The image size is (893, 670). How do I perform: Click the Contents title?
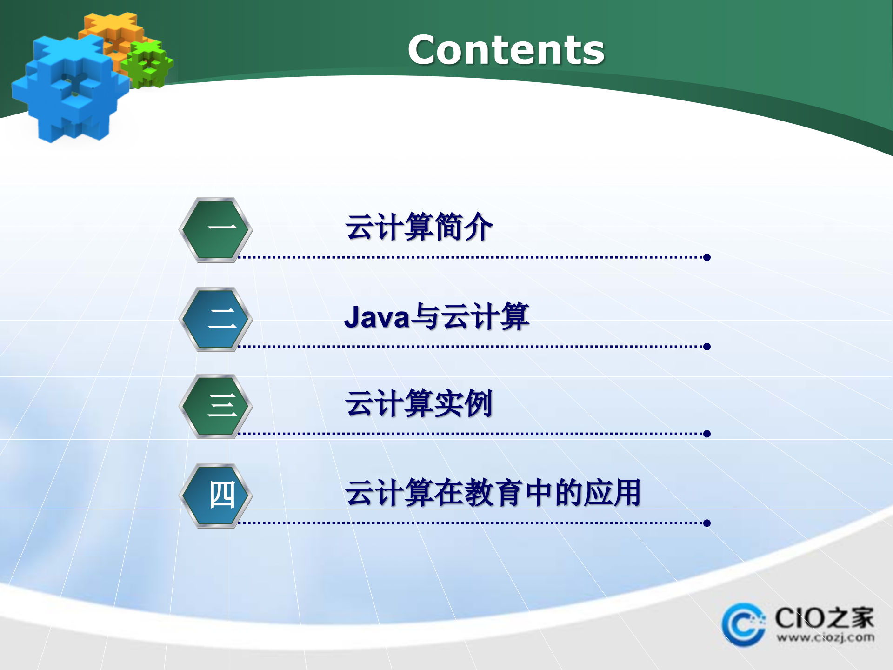pos(506,50)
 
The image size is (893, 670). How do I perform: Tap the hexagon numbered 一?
pos(215,230)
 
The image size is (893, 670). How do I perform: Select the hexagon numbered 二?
pos(215,319)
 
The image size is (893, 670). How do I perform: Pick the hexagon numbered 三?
pos(215,406)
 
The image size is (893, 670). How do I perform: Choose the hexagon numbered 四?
pos(215,496)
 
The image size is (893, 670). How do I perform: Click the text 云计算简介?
pos(419,228)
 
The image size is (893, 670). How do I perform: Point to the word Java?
pos(377,317)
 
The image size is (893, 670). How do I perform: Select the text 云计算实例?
pos(419,404)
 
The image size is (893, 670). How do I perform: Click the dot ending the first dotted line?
pos(707,257)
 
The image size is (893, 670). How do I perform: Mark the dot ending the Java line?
pos(707,347)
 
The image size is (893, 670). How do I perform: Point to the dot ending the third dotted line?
pos(707,434)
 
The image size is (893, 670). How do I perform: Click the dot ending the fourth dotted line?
pos(707,523)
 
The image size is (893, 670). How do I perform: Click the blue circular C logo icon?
pos(743,625)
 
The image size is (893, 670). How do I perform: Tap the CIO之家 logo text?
pos(824,618)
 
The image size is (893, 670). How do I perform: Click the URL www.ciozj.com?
pos(825,637)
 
